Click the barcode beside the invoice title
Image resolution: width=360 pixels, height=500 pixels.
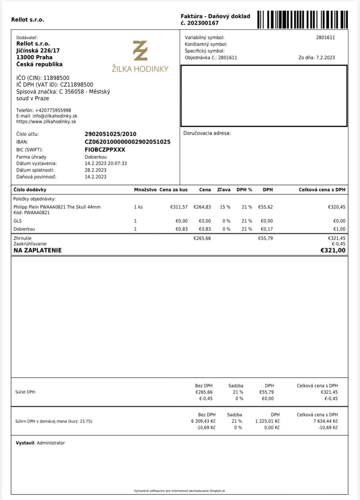click(302, 20)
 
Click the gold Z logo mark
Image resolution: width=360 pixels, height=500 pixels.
click(140, 51)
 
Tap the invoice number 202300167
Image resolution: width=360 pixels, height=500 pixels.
click(203, 23)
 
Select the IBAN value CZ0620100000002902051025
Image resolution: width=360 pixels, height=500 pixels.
click(128, 142)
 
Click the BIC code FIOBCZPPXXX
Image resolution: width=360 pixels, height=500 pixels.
click(105, 150)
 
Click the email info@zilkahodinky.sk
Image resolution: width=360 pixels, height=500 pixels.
click(55, 116)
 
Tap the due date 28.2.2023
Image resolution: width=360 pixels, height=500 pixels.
click(95, 170)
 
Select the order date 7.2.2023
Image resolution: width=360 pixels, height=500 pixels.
click(325, 58)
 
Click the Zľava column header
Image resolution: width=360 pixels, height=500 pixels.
click(224, 190)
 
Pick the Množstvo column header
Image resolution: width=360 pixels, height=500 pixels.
click(145, 190)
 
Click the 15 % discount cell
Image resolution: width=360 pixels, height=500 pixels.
click(225, 207)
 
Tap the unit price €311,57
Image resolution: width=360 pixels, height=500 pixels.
click(179, 207)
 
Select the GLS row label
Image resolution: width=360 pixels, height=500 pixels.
click(18, 221)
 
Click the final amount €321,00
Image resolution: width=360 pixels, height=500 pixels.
click(333, 250)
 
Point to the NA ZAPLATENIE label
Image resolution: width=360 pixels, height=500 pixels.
click(38, 250)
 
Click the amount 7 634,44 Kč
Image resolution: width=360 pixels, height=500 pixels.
click(325, 421)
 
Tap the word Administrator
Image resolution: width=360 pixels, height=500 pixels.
click(51, 443)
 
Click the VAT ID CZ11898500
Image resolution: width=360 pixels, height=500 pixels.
click(77, 85)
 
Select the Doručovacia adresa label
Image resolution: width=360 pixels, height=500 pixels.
click(207, 133)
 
